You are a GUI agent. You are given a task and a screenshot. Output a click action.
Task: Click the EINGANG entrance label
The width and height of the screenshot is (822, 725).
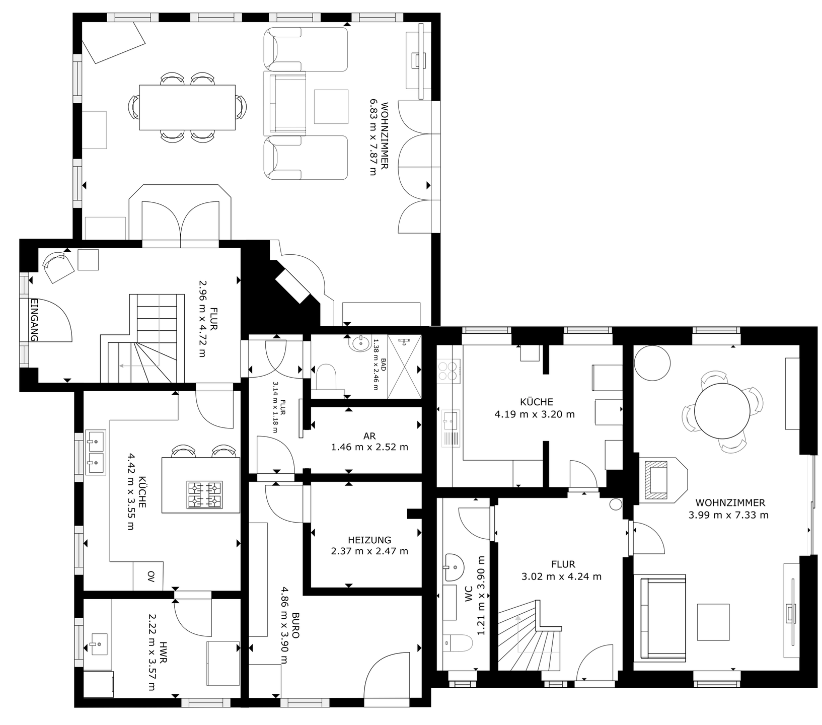point(34,320)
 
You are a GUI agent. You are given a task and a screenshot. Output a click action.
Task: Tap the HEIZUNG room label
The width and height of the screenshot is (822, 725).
point(369,540)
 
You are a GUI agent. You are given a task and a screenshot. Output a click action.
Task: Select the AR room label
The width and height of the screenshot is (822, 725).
point(369,436)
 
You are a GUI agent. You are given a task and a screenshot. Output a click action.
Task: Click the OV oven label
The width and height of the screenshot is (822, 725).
point(151,574)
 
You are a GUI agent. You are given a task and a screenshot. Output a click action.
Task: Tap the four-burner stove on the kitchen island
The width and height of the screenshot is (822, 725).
point(204,494)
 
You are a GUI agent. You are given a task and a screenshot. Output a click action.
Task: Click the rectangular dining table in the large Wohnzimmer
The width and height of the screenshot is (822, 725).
point(187,107)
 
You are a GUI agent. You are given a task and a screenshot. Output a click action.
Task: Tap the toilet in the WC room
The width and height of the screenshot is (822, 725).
point(458,643)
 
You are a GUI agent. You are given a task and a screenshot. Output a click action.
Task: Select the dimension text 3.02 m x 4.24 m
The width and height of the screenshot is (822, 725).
point(562,576)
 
